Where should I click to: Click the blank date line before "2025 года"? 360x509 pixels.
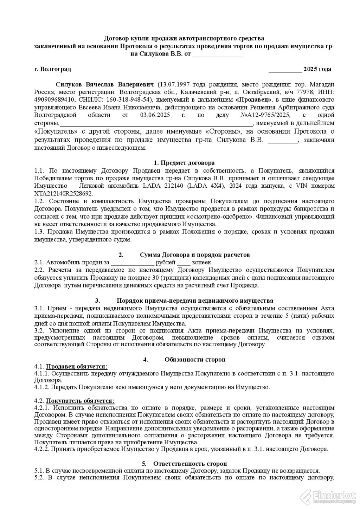(x=285, y=70)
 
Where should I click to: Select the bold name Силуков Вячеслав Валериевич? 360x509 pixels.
(x=105, y=84)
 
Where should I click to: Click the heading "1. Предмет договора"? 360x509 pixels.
(x=184, y=163)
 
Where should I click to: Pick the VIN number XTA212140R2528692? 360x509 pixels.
(x=63, y=193)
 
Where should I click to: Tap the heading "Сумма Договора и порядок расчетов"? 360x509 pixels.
(x=195, y=254)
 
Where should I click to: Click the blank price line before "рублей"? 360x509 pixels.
(x=132, y=263)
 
